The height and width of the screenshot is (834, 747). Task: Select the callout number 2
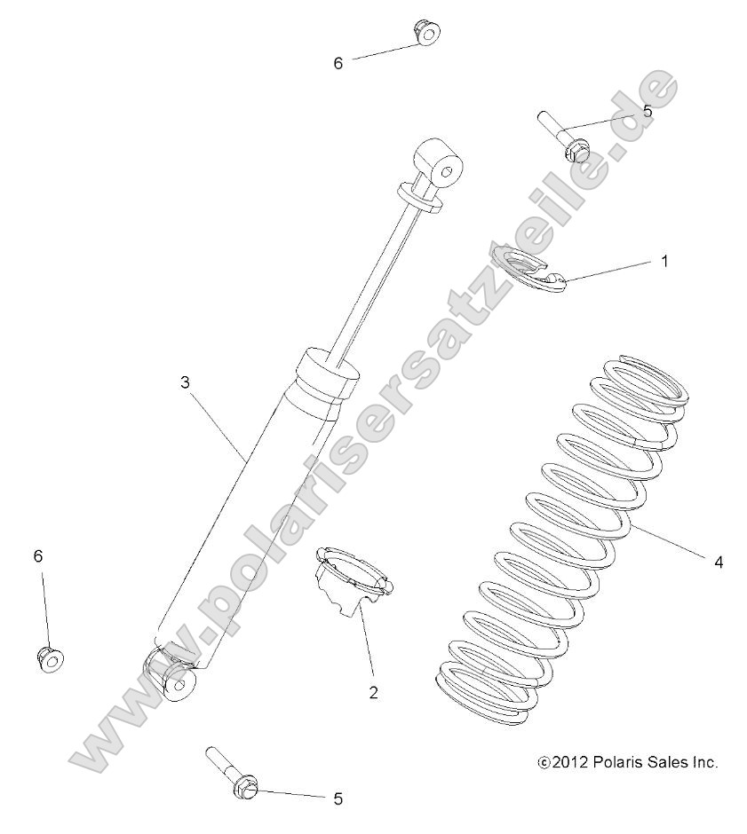coord(373,692)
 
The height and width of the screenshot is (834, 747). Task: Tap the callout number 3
coord(185,382)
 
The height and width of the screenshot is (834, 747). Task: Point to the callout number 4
coord(719,562)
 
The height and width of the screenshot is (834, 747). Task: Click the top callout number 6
coord(338,64)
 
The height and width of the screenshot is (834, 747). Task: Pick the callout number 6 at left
coord(38,555)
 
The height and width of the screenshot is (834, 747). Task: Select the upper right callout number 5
coord(647,111)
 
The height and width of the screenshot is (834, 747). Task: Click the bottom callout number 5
coord(338,799)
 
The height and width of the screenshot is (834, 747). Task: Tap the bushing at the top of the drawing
coord(426,34)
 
